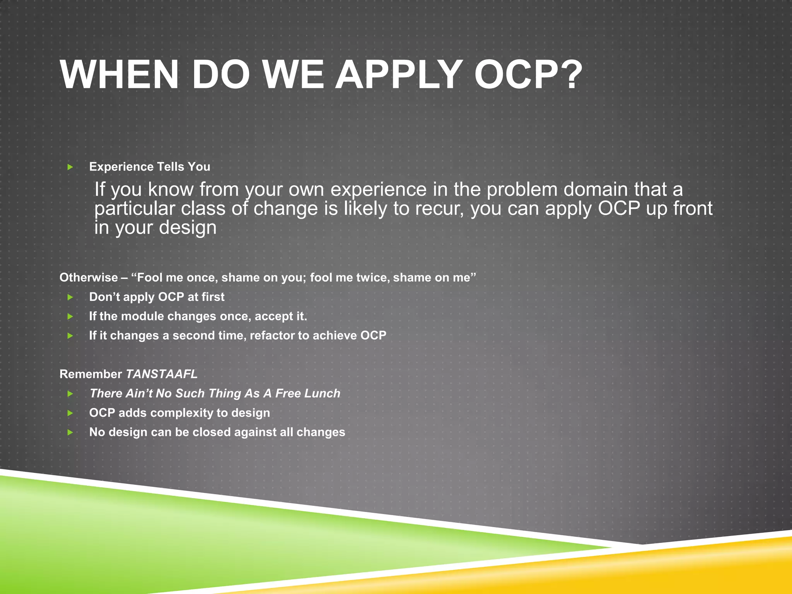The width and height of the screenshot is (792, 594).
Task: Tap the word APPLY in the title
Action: tap(398, 75)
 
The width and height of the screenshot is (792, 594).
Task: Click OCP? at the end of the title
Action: tap(528, 75)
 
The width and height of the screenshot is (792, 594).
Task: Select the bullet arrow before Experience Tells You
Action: tap(70, 167)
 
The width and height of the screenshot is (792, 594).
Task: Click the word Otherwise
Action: tap(89, 277)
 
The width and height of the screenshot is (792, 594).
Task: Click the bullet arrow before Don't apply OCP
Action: tap(70, 297)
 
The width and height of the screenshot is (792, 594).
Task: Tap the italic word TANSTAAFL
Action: tap(162, 374)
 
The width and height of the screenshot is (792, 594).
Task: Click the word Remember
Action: tap(90, 374)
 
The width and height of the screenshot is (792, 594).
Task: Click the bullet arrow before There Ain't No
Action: tap(70, 394)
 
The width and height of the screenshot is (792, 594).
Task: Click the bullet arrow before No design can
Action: tap(70, 432)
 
